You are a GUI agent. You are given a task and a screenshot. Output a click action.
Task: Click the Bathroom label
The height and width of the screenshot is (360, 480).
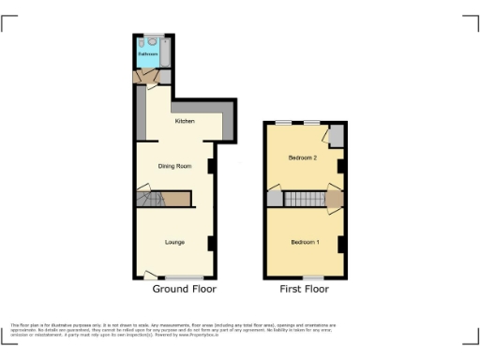coord(148,54)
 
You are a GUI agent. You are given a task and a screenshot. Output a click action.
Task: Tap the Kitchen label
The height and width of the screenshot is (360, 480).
coord(184,121)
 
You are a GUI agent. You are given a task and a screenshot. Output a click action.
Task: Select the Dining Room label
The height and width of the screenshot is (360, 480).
coord(174,166)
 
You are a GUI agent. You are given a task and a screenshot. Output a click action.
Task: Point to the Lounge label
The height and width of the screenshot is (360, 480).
coord(174,243)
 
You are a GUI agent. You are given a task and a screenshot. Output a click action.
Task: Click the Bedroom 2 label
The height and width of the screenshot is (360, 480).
coord(302,157)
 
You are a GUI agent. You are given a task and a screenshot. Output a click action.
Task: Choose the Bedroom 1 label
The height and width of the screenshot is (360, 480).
coord(305,243)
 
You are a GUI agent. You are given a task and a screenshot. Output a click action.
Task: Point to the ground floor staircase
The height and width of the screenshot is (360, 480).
coord(150,199)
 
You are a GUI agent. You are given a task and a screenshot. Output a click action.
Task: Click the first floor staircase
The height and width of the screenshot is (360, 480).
coord(302,199)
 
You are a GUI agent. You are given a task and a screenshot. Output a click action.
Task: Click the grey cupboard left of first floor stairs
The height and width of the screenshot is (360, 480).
coord(274,199)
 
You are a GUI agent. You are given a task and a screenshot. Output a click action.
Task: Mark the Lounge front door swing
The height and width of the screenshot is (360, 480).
coord(151,274)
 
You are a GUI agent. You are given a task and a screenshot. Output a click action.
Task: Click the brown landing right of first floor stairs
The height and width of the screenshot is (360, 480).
coord(334,199)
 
